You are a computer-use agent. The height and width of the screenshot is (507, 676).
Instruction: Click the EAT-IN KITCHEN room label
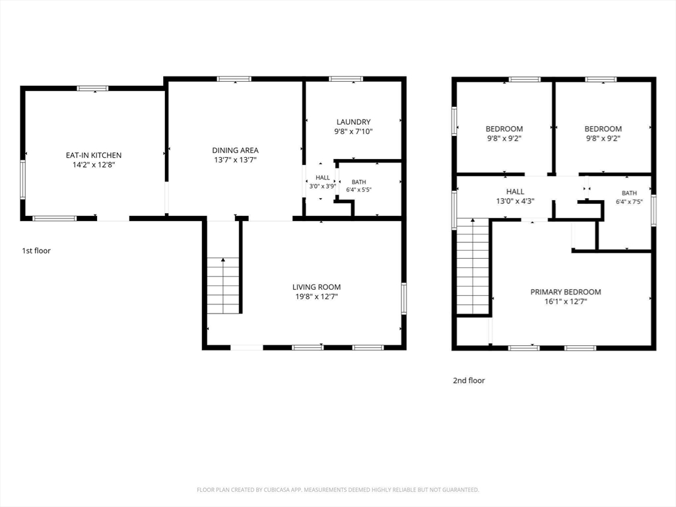click(94, 155)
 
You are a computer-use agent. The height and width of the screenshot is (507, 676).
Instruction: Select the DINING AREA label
click(236, 151)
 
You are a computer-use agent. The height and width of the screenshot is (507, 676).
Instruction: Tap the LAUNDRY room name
click(354, 122)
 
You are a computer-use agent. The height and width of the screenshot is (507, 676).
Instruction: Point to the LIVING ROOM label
click(316, 287)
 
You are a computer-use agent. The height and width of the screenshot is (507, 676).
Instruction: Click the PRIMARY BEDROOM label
click(566, 292)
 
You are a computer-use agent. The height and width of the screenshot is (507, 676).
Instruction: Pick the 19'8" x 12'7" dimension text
click(316, 296)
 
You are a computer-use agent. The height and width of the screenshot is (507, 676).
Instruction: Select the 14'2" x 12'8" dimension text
click(94, 164)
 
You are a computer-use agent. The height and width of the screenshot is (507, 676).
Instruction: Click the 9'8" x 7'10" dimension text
click(354, 131)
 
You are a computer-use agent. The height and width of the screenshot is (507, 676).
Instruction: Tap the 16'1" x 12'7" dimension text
click(566, 301)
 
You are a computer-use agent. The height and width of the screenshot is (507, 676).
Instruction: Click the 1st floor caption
click(36, 250)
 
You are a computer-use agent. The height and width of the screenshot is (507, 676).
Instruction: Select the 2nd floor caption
click(469, 380)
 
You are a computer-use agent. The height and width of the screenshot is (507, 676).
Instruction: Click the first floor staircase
click(223, 285)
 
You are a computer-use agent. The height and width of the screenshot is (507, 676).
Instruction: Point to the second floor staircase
click(473, 267)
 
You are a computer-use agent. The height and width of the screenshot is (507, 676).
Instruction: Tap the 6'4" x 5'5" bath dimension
click(358, 189)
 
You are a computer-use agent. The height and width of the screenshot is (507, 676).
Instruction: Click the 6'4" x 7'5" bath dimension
click(629, 201)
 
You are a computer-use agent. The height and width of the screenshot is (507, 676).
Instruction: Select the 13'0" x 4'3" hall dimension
click(515, 201)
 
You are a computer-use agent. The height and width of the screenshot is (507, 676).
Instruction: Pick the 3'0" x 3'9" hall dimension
click(322, 186)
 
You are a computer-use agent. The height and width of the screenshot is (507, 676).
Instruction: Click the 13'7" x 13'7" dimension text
click(236, 160)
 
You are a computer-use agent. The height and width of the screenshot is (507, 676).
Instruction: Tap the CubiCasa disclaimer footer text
click(338, 490)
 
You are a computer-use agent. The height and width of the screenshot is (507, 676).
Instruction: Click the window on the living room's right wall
click(404, 298)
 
